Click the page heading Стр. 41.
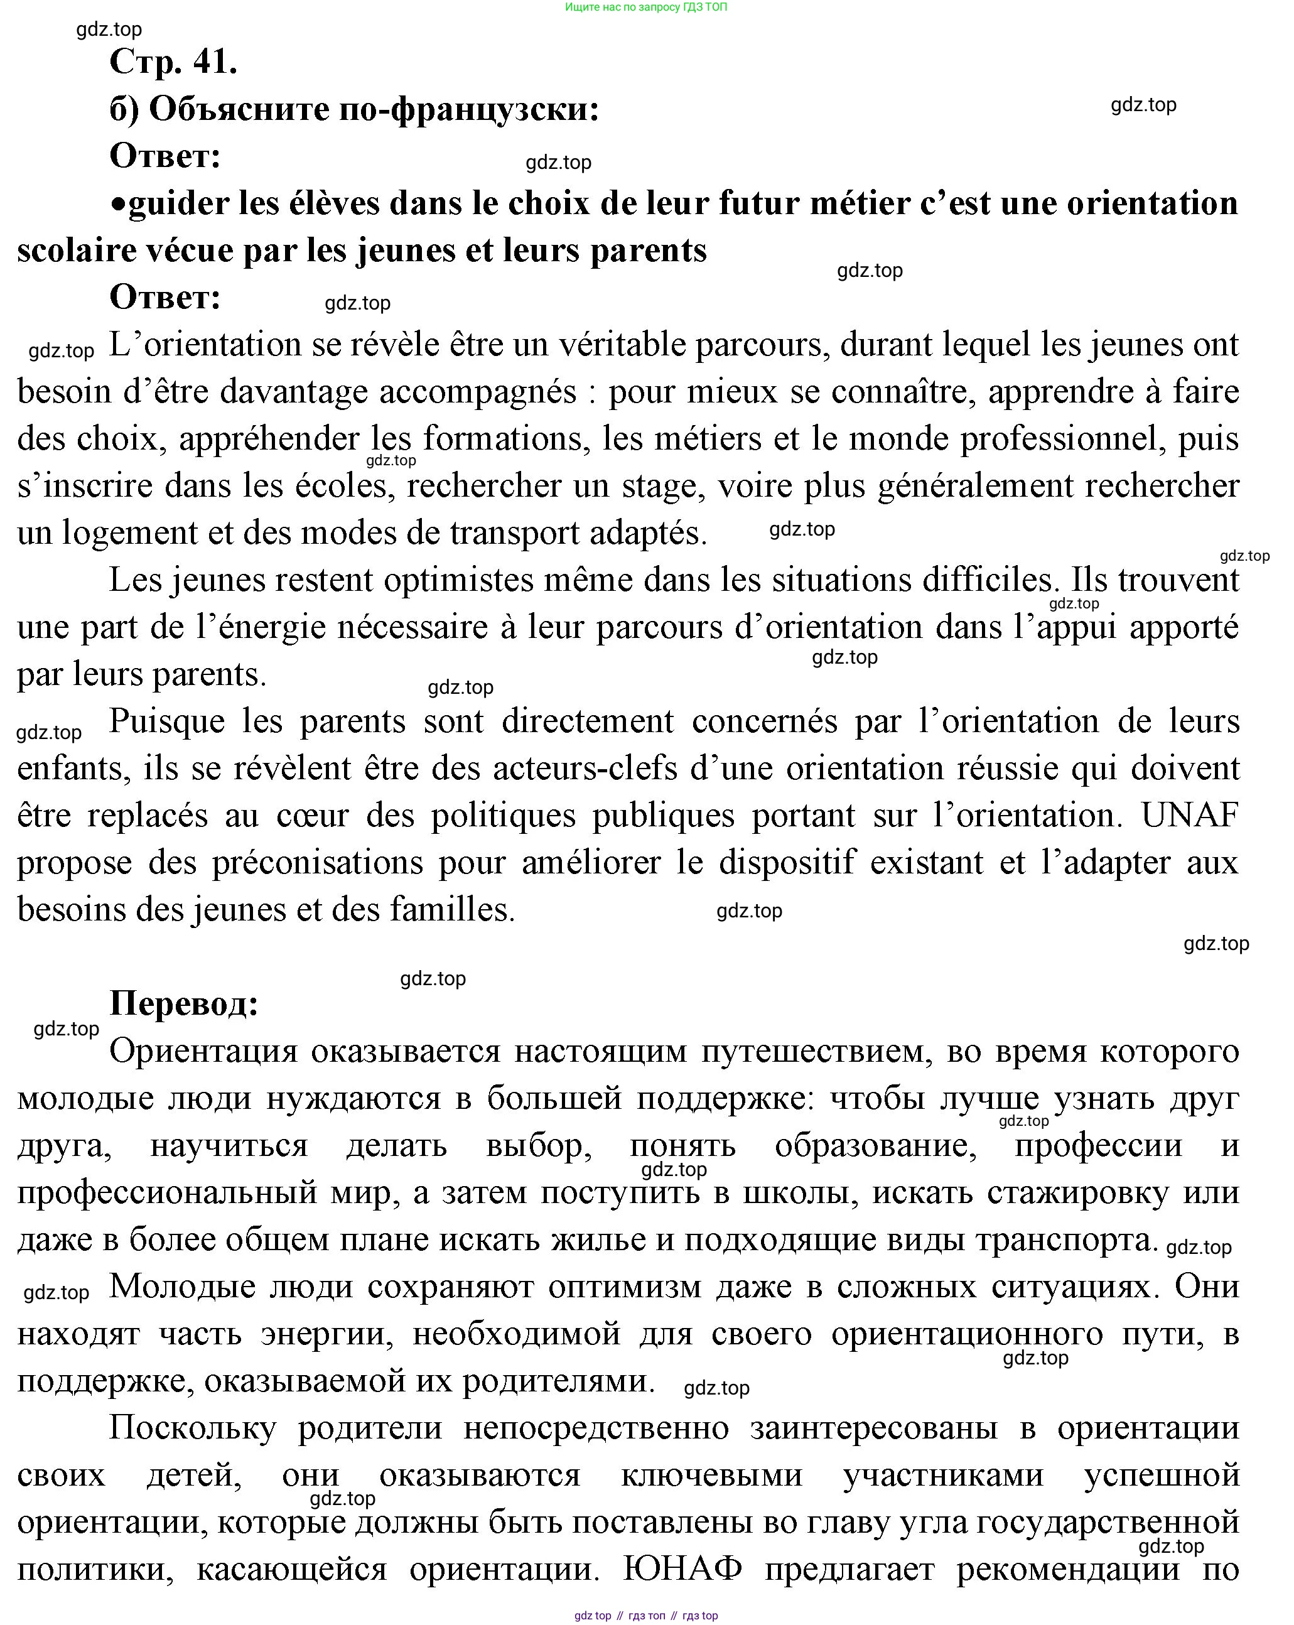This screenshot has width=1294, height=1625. [x=173, y=62]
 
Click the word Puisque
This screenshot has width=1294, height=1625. [x=166, y=721]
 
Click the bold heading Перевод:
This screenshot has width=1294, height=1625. [x=184, y=1004]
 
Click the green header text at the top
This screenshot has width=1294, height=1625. [x=646, y=7]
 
